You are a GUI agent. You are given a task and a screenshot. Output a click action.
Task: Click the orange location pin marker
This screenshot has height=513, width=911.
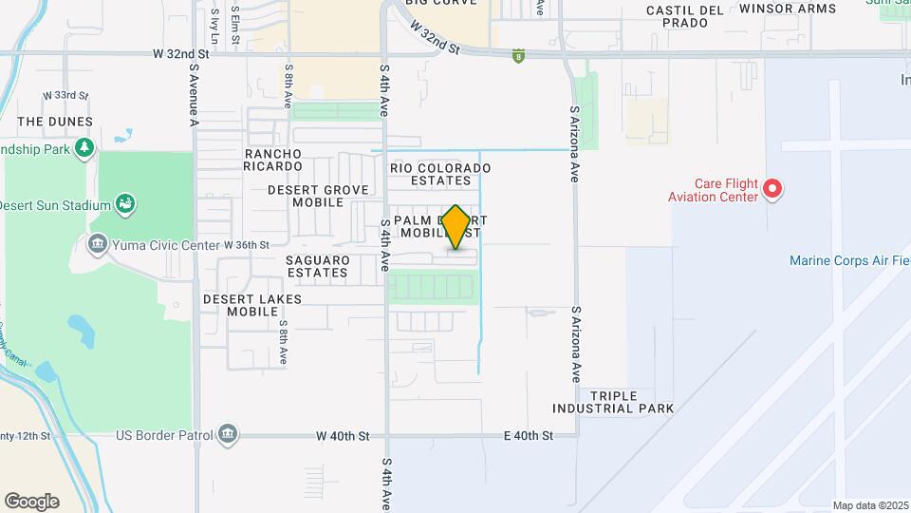tap(456, 226)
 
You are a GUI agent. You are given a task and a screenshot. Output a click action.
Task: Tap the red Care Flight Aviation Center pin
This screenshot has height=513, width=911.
tap(772, 188)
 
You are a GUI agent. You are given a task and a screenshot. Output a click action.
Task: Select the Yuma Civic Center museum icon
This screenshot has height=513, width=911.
tap(97, 245)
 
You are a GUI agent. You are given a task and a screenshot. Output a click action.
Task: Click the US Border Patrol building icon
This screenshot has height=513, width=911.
tap(227, 435)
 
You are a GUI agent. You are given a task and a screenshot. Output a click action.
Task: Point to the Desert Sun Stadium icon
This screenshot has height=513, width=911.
tap(125, 204)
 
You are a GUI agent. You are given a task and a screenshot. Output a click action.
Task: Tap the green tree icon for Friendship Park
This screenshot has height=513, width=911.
tap(85, 147)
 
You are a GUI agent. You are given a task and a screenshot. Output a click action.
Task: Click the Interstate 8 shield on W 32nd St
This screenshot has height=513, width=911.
tap(518, 56)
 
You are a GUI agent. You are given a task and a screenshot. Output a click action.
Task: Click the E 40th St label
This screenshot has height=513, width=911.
tap(528, 436)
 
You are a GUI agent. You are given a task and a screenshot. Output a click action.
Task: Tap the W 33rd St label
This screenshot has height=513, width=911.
tap(65, 96)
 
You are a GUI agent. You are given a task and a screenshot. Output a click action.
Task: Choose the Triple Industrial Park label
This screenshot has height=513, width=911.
tap(613, 402)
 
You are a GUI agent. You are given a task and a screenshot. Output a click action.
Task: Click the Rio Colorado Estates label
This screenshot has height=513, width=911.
tap(440, 174)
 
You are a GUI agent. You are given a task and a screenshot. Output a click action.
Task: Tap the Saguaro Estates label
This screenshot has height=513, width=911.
tap(318, 266)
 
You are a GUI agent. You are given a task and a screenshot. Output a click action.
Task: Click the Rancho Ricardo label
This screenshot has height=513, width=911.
tap(273, 160)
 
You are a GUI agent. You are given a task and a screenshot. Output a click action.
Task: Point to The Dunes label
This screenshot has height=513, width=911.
tap(55, 122)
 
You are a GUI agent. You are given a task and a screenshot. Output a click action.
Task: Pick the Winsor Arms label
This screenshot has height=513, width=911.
tap(788, 9)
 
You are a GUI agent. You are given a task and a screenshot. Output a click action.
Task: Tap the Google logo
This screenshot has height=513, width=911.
tap(31, 501)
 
